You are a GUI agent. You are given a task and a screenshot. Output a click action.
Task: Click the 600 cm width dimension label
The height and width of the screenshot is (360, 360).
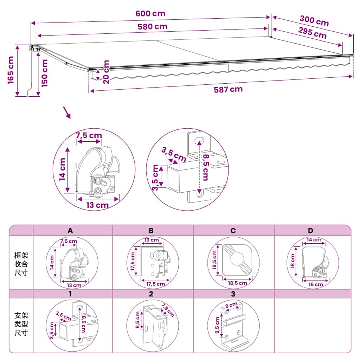coord(150,14)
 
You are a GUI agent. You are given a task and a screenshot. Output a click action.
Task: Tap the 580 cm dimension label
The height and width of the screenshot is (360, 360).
coord(153,27)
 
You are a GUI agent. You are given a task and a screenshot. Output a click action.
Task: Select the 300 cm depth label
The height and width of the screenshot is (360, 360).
coord(314,21)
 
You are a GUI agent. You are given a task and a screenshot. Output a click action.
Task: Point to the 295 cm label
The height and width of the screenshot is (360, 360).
coord(312,33)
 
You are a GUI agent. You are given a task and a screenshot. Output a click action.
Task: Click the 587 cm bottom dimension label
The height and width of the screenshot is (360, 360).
coord(228,89)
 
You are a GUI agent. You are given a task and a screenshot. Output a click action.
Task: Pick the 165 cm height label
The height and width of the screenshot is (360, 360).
coord(11,70)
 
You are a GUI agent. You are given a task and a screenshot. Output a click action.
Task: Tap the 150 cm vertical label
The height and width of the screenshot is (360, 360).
coord(44,73)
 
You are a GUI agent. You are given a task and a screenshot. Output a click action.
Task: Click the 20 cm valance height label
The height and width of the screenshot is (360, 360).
coord(106,72)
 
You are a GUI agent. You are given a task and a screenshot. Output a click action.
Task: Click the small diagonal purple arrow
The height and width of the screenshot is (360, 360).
coord(67,112)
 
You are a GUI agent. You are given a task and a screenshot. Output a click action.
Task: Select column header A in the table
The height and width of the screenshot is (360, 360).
coord(70,231)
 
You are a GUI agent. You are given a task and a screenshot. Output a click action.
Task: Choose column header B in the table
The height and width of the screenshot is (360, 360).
coord(151,231)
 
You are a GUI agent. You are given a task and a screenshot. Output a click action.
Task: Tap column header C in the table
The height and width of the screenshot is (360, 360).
coord(233,231)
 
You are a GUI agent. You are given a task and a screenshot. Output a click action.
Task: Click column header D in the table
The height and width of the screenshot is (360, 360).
coord(310,231)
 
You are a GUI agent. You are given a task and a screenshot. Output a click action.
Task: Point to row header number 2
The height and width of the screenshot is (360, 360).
coord(151,294)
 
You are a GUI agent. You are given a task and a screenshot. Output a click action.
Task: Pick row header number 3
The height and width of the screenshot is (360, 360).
coord(233,294)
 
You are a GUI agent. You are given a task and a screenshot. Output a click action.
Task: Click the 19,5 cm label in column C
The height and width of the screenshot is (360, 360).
coord(214,260)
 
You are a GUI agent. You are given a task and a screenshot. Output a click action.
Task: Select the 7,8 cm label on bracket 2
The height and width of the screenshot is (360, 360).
coord(168,310)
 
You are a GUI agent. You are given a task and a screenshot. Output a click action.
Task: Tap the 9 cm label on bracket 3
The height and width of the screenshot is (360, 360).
coord(231,305)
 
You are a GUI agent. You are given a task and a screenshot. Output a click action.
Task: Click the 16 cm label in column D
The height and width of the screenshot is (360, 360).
coord(315,284)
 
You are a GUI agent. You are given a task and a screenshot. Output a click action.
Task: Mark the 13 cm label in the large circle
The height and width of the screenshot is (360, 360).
coord(97,205)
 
